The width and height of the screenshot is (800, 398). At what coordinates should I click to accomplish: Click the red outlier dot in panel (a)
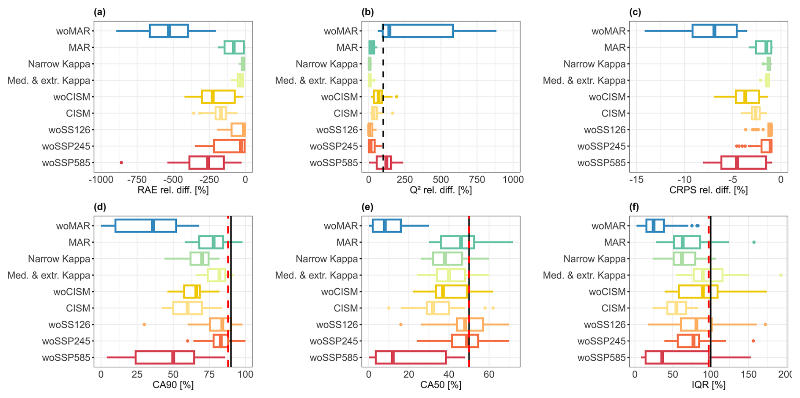click(121, 162)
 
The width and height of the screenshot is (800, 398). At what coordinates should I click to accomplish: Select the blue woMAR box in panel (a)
click(169, 31)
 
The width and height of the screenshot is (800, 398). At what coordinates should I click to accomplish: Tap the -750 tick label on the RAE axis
click(137, 179)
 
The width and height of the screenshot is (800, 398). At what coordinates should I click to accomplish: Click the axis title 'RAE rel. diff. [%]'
click(173, 190)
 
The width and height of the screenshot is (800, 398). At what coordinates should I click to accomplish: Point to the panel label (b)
click(367, 12)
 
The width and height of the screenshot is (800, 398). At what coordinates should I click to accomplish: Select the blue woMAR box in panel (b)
click(418, 31)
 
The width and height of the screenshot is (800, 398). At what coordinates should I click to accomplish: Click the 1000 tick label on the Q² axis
click(513, 179)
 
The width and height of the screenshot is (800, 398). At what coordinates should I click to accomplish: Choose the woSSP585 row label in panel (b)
click(334, 163)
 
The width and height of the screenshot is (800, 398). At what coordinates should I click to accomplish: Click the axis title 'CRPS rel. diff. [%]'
click(708, 190)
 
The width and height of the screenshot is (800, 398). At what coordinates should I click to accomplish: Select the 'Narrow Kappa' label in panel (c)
click(594, 64)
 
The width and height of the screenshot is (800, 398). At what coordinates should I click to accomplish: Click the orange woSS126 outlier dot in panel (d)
click(144, 325)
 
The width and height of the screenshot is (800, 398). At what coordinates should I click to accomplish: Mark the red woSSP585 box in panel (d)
click(165, 357)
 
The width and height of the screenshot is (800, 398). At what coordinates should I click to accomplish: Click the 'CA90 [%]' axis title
click(173, 385)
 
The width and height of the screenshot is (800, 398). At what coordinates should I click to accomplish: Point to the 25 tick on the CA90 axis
click(137, 374)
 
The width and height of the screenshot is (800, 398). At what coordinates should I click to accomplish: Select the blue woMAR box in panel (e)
click(386, 226)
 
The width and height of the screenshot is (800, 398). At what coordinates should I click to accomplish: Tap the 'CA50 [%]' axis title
click(441, 385)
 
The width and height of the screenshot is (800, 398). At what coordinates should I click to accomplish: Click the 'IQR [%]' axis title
click(708, 385)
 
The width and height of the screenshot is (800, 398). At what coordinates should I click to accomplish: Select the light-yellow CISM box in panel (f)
click(677, 308)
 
